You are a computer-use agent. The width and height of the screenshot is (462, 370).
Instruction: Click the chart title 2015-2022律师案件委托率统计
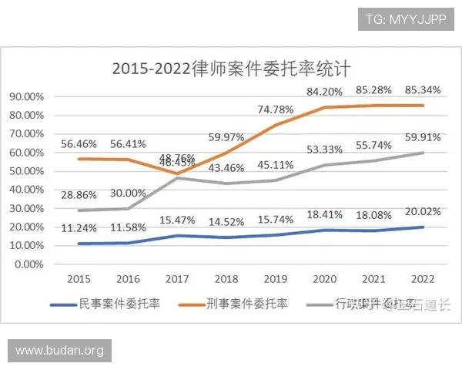point(231,68)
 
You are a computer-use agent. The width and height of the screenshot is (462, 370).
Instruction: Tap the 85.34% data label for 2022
point(423,90)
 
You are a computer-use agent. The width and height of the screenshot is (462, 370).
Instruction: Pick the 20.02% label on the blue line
point(423,212)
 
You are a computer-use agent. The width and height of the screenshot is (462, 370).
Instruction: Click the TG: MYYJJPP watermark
point(406,18)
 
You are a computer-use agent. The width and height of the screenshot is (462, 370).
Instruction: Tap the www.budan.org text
point(60,351)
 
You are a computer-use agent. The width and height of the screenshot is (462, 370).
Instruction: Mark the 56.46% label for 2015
point(79,143)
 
